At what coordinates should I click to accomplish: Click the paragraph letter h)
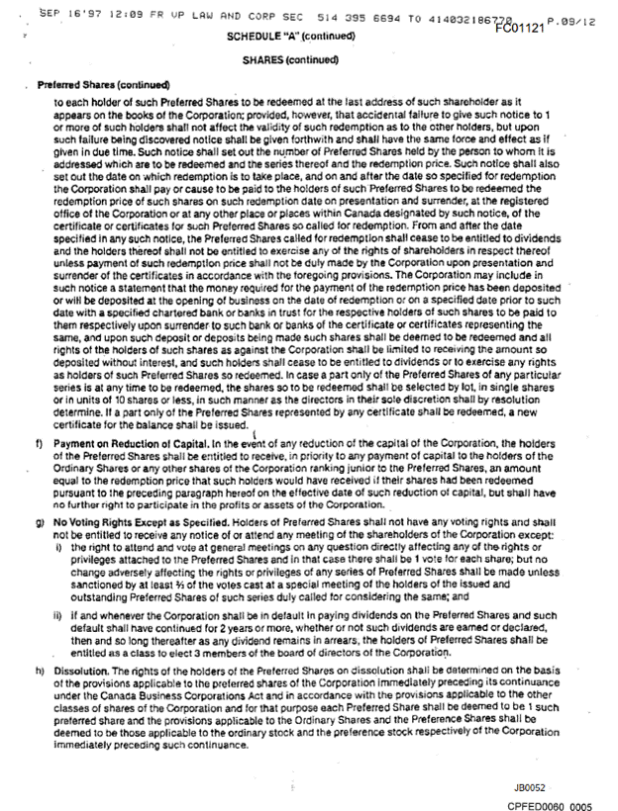pyautogui.click(x=38, y=670)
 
